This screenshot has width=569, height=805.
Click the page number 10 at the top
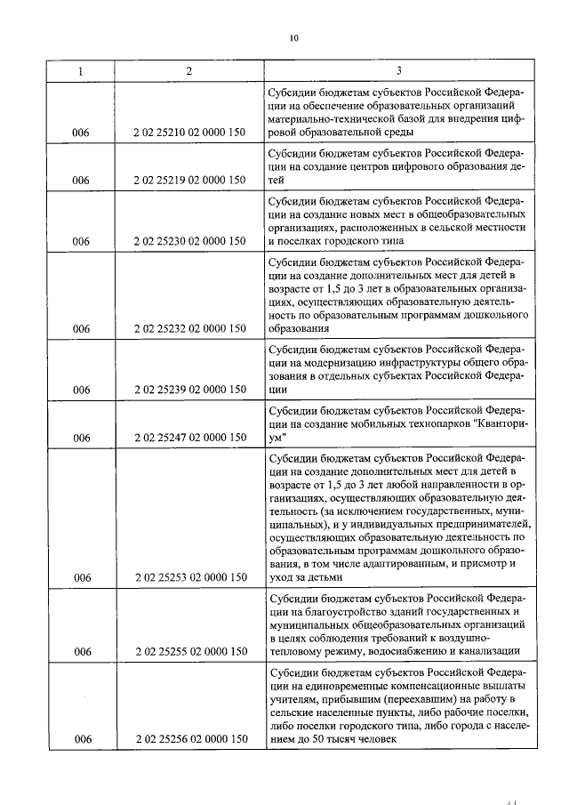tap(293, 37)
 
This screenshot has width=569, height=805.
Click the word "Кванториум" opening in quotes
tap(496, 424)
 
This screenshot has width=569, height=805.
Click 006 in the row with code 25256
tap(82, 738)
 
